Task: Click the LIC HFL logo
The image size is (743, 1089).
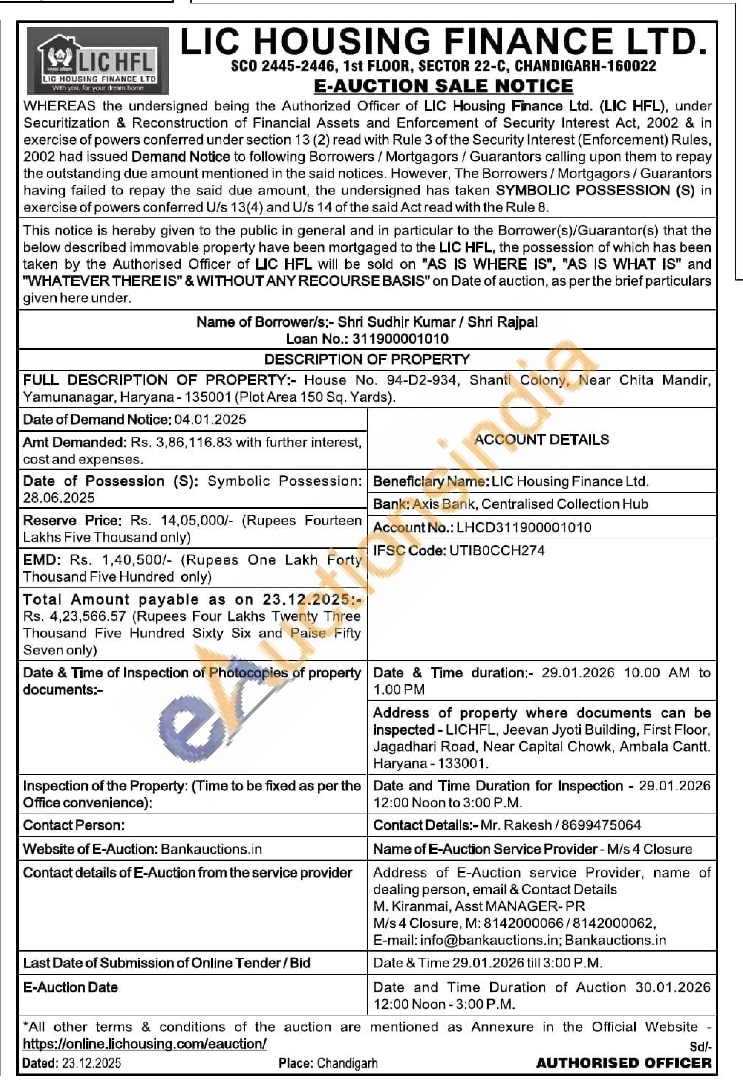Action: point(97,61)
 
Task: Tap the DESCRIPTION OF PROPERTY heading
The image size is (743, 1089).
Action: point(367,359)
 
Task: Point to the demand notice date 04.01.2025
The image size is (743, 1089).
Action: point(210,419)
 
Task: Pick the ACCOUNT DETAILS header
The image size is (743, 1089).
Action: point(542,440)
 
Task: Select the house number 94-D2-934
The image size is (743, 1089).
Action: point(421,380)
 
